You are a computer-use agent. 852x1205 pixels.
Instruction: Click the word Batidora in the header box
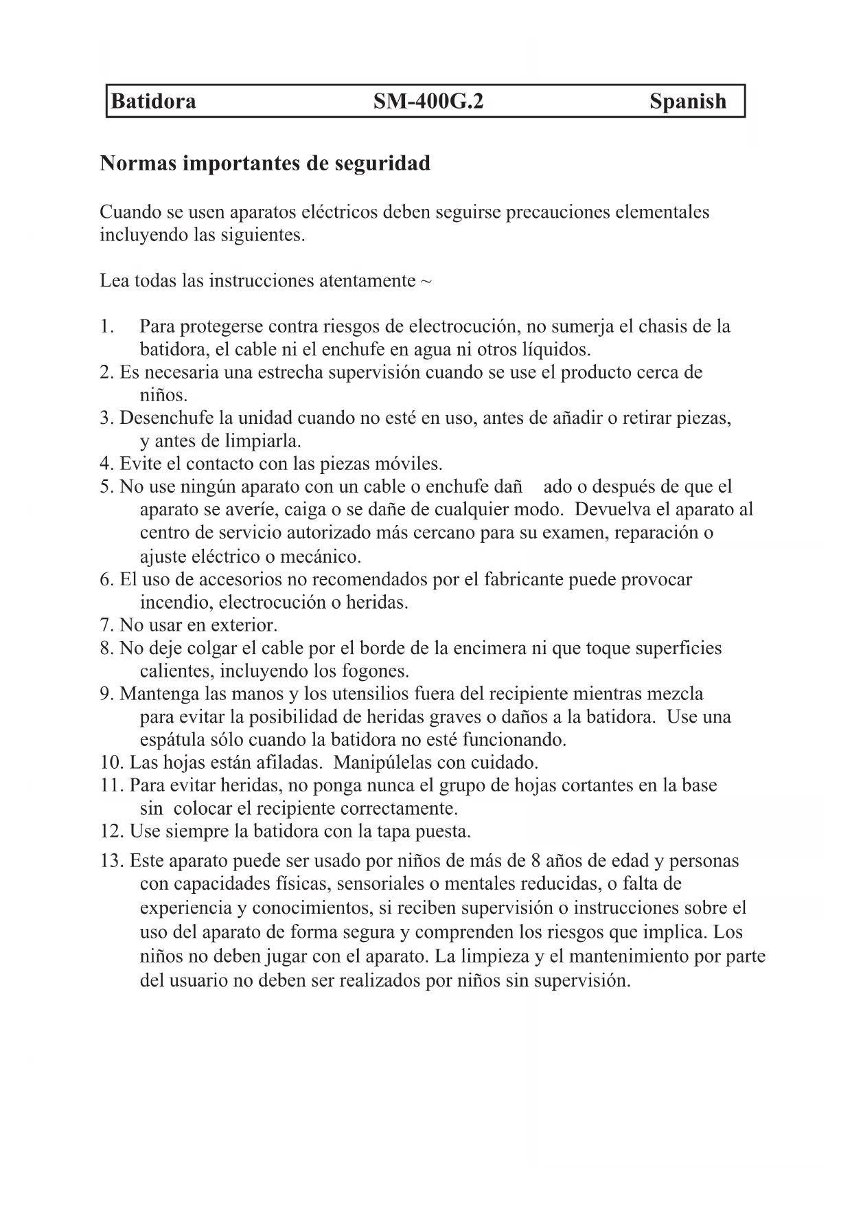(153, 102)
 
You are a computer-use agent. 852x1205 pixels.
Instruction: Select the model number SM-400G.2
(428, 102)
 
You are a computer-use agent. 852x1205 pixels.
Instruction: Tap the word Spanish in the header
(687, 102)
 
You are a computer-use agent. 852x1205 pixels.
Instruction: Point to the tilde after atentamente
(426, 282)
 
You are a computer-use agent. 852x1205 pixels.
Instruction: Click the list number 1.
(106, 326)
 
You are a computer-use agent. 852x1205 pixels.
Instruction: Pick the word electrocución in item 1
(462, 326)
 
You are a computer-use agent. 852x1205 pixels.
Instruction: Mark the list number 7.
(106, 626)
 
